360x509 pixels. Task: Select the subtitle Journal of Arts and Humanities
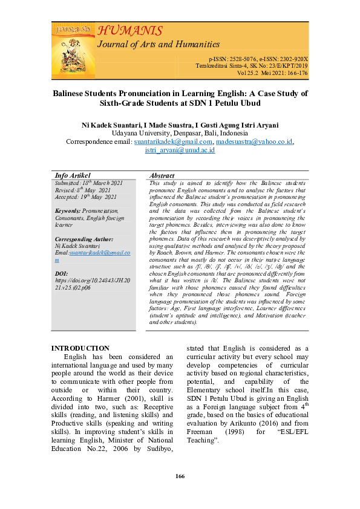coord(159,44)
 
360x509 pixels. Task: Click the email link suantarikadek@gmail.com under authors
coord(173,142)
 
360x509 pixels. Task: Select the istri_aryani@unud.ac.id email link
coord(180,151)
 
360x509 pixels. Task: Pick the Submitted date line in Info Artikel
coord(88,183)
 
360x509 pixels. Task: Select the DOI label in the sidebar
coord(61,274)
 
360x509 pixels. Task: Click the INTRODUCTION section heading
coord(80,348)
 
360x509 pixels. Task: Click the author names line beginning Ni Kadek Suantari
coord(180,125)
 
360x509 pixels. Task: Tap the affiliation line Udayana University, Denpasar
coord(180,133)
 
